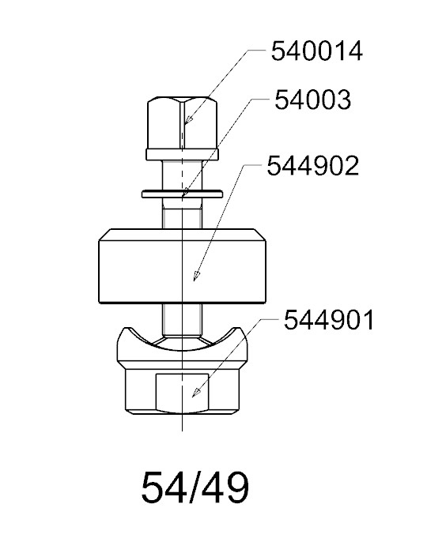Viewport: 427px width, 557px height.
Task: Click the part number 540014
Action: point(317,51)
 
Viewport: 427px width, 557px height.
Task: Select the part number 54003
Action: point(313,100)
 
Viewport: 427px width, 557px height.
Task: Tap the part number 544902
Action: point(313,166)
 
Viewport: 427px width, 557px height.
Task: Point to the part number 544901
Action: point(329,320)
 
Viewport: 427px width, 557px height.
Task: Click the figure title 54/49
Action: point(195,487)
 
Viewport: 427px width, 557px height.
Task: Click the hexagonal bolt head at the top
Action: point(183,122)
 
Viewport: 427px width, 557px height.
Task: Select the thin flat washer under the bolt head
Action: point(183,194)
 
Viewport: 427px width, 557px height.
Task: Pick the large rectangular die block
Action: point(182,266)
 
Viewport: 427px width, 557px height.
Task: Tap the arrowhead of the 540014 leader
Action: point(189,120)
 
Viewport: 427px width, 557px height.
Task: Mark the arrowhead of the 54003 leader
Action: point(185,192)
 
